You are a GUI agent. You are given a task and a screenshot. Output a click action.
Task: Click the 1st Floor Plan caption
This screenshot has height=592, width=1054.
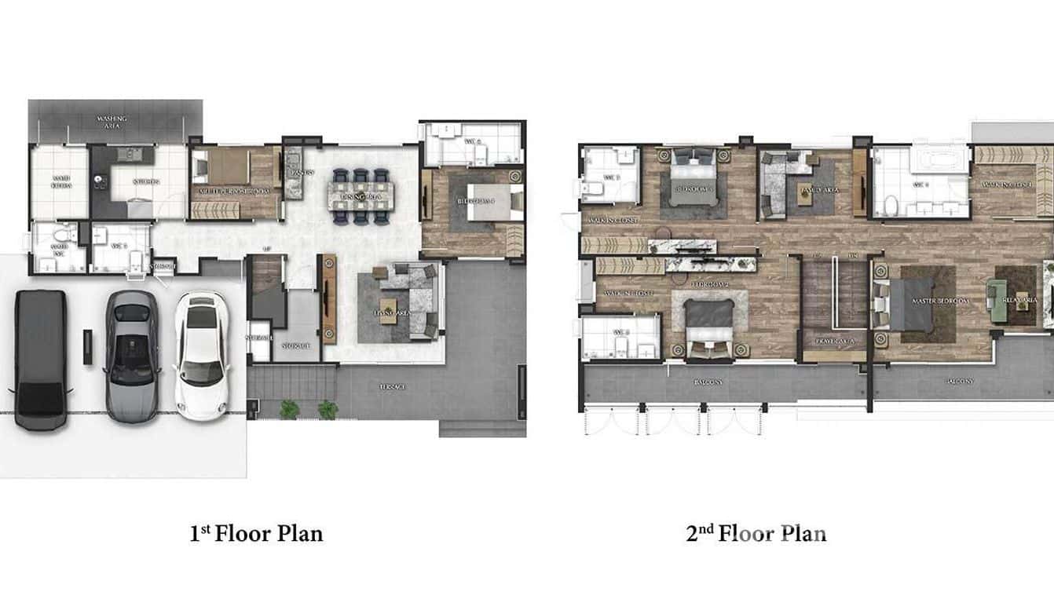(x=256, y=535)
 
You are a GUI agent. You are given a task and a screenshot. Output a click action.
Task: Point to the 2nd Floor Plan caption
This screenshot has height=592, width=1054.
(x=756, y=535)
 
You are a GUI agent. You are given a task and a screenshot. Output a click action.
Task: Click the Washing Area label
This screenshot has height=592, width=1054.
(x=114, y=122)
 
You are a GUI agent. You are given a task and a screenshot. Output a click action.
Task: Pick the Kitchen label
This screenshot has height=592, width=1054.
(x=146, y=182)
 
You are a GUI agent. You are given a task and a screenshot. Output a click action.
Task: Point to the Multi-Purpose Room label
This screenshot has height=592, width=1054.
(x=235, y=191)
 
